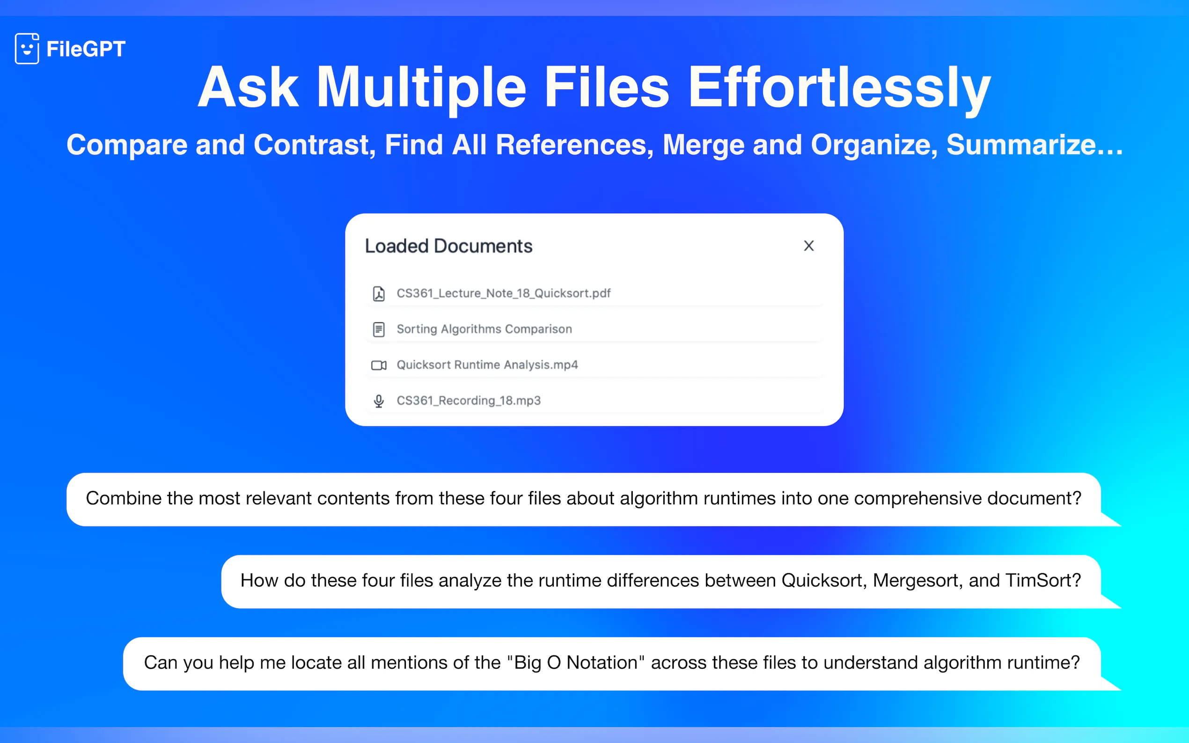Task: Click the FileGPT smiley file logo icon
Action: [x=27, y=49]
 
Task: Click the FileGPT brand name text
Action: [x=86, y=49]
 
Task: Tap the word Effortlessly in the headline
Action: [x=839, y=88]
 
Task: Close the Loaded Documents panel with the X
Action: [x=808, y=246]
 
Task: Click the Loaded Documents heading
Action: [x=448, y=246]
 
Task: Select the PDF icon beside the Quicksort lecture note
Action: [x=379, y=293]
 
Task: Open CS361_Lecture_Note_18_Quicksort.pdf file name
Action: [x=503, y=293]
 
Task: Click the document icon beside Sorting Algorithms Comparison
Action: [x=379, y=329]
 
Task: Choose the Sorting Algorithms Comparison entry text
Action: [x=484, y=329]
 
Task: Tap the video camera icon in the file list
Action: [x=379, y=365]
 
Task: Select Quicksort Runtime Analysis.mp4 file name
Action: [x=487, y=364]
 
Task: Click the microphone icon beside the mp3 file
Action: [x=379, y=401]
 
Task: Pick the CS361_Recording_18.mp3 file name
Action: [x=469, y=401]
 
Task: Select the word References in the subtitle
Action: [x=574, y=145]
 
